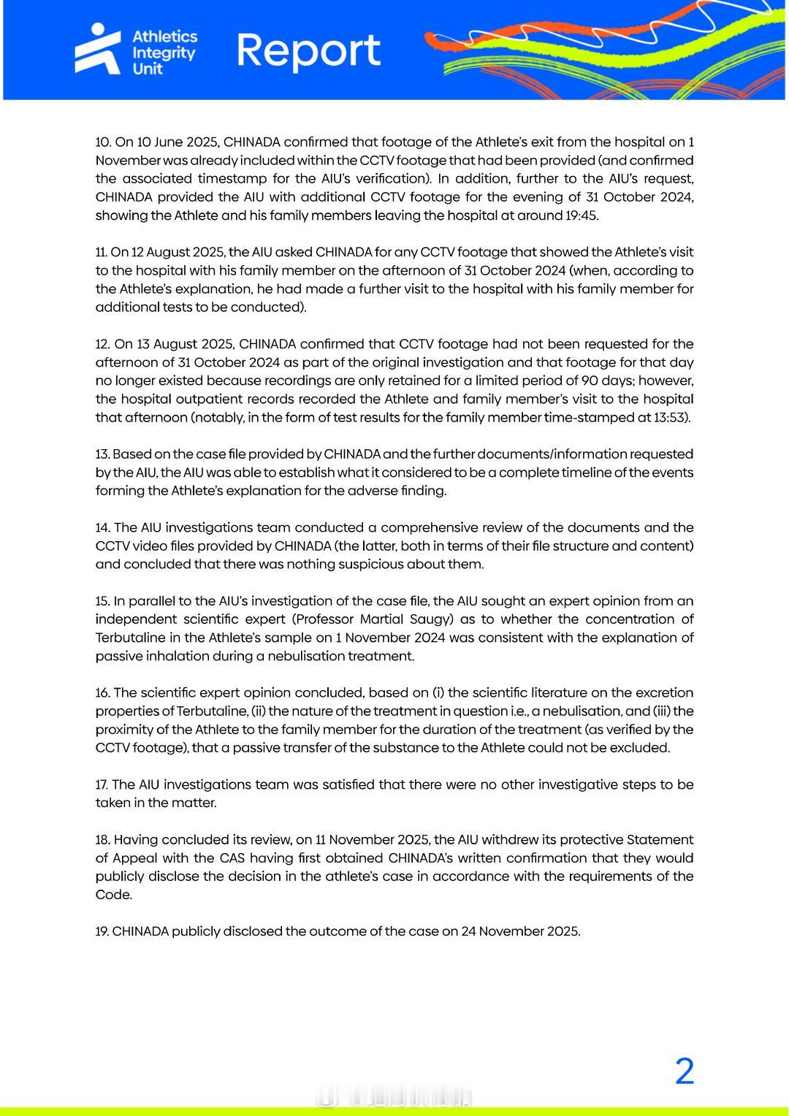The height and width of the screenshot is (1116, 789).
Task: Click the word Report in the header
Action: [x=308, y=50]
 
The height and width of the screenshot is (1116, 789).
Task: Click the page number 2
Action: [x=684, y=1072]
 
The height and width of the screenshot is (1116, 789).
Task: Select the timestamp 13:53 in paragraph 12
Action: [x=669, y=418]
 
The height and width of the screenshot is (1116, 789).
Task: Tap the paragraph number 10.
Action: [x=103, y=142]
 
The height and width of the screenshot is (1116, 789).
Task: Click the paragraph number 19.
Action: [x=102, y=931]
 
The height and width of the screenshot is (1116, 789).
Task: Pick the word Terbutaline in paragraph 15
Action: [x=132, y=638]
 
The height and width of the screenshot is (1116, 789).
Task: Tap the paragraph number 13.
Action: [x=102, y=454]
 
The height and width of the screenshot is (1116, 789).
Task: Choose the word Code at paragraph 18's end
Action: [x=113, y=895]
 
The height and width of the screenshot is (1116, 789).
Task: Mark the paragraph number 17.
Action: [x=102, y=784]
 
